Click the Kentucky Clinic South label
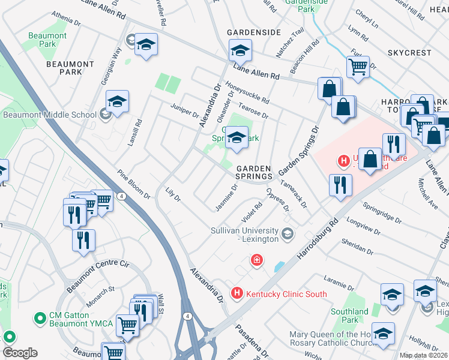286,294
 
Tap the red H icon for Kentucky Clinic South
237,294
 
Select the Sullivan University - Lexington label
245,235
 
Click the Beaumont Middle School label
50,115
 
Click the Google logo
20,353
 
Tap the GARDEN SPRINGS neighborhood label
253,173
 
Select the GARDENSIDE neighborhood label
253,32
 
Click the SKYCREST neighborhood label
409,53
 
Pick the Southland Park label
349,316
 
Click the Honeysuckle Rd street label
247,92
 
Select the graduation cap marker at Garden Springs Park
237,139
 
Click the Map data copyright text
423,355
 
